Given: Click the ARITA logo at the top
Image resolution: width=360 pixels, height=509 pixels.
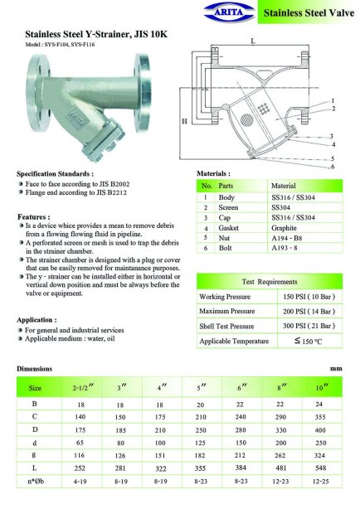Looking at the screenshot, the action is pos(230,12).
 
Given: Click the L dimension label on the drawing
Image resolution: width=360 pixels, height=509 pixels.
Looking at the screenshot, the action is pos(253,41).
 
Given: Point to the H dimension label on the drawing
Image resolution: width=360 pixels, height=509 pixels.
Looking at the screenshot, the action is pos(184,121).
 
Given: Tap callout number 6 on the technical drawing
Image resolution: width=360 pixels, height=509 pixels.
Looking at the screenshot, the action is pos(333,167).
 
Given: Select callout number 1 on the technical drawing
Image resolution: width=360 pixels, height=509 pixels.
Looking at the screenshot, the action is pos(333,101).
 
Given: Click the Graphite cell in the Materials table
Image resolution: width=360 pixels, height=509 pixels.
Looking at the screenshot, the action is pos(284,228).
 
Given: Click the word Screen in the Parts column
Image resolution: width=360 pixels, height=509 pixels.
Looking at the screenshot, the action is pos(228,207).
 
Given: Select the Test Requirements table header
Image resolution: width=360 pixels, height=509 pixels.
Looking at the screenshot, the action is pos(270,282).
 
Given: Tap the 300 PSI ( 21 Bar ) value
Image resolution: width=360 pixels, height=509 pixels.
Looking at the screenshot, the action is pos(309,326).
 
